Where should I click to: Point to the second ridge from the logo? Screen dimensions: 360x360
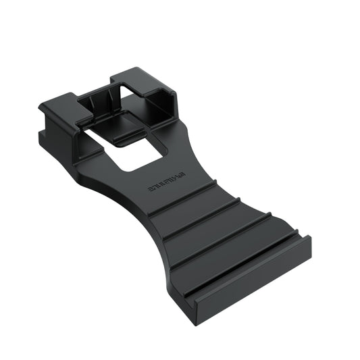[x=202, y=217]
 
